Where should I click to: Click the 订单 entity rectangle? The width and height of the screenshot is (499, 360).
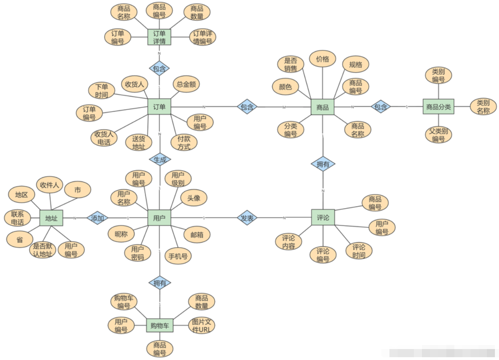click(159, 107)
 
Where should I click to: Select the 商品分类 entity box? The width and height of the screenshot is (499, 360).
click(438, 107)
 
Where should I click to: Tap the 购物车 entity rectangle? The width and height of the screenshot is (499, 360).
click(159, 325)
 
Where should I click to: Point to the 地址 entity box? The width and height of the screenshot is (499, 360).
click(52, 218)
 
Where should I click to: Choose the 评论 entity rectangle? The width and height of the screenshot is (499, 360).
click(323, 218)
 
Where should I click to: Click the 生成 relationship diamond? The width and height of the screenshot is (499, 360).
click(159, 160)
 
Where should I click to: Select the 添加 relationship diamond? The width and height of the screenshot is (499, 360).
click(98, 218)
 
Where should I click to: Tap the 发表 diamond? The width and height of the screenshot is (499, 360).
click(247, 218)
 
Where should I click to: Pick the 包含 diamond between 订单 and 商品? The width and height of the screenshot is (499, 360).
click(247, 107)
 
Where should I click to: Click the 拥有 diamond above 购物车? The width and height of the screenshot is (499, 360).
click(159, 283)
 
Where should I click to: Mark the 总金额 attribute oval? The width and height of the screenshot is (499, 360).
click(186, 84)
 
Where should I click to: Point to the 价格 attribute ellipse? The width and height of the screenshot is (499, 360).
click(323, 59)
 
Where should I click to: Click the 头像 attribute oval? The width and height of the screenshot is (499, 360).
click(194, 198)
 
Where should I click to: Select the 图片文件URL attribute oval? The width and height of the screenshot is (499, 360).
click(202, 325)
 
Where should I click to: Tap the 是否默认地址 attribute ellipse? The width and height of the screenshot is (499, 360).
click(43, 250)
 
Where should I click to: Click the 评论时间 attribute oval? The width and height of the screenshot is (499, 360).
click(359, 251)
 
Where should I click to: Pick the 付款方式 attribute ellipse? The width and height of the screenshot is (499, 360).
click(184, 142)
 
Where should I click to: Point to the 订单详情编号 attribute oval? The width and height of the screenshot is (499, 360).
click(202, 37)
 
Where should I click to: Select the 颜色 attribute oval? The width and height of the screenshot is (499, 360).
click(285, 86)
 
